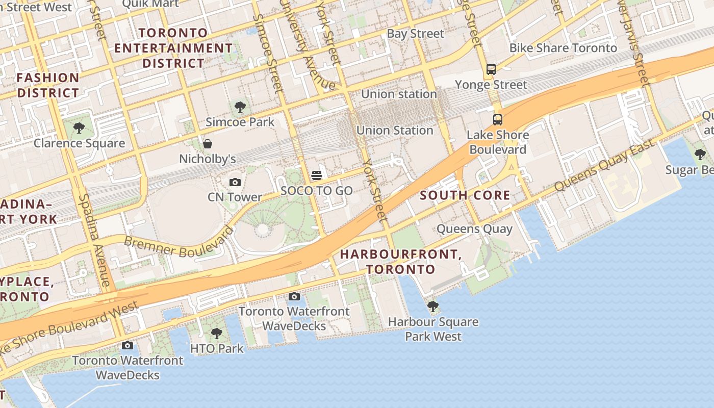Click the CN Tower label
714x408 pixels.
[x=235, y=197]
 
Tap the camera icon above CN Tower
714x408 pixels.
[x=235, y=182]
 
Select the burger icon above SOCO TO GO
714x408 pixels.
[x=316, y=176]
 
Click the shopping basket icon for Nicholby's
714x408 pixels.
[x=208, y=144]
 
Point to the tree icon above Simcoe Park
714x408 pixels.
[x=240, y=107]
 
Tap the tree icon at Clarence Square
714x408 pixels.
[x=79, y=127]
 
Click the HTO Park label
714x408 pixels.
[x=217, y=349]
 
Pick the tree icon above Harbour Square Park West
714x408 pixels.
[x=433, y=307]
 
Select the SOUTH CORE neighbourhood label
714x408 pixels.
[x=465, y=195]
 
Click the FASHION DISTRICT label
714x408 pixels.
[x=48, y=85]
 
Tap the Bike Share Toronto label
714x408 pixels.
[x=563, y=48]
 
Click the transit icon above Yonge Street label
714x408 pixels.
[x=491, y=69]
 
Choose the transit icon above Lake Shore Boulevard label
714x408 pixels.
[x=498, y=120]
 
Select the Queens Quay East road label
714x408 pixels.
[x=604, y=166]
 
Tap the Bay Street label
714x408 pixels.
[x=416, y=34]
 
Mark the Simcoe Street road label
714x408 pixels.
[x=268, y=54]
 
